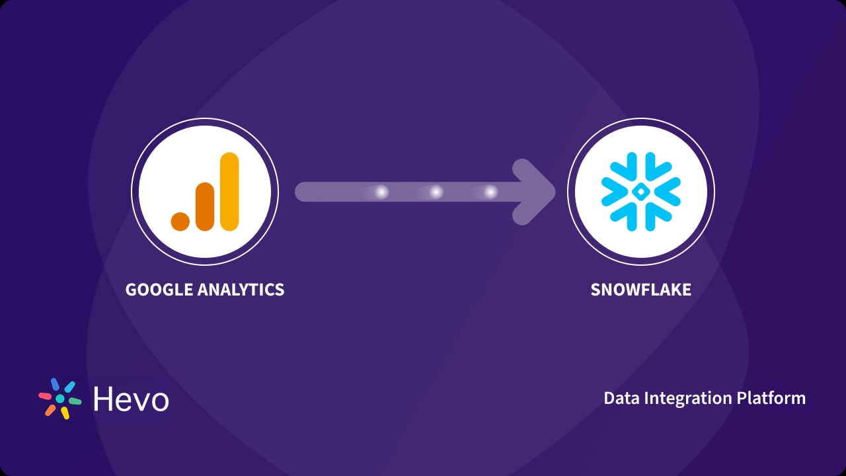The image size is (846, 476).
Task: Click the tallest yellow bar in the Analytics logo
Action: tap(229, 192)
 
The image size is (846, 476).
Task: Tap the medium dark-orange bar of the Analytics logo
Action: tap(205, 206)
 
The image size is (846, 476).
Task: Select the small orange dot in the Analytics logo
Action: tap(180, 221)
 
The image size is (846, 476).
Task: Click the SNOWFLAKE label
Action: tap(640, 290)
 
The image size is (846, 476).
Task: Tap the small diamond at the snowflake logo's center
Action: tap(640, 192)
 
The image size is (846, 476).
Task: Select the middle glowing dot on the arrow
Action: tap(436, 192)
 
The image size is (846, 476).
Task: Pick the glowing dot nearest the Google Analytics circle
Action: tap(381, 192)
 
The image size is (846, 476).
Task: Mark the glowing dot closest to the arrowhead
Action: tap(490, 192)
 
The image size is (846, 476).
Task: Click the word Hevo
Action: tap(131, 399)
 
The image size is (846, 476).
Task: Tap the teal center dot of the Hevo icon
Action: tap(60, 399)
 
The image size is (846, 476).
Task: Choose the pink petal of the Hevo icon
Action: tap(45, 396)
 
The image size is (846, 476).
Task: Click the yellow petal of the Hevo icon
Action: tap(65, 413)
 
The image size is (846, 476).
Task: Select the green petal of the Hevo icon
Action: tap(75, 401)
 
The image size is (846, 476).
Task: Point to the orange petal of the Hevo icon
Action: tap(50, 410)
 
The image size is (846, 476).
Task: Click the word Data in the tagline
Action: tap(619, 398)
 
